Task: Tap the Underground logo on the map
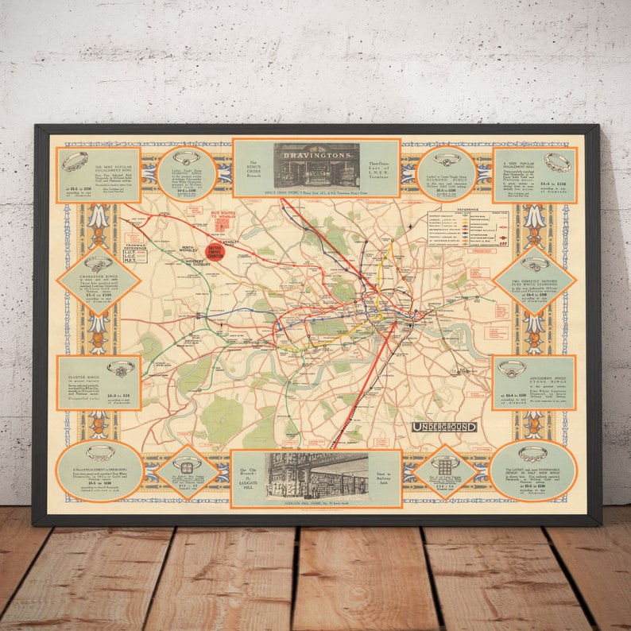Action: pyautogui.click(x=444, y=427)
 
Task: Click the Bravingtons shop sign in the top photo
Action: pyautogui.click(x=315, y=150)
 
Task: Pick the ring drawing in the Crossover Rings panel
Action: pyautogui.click(x=99, y=263)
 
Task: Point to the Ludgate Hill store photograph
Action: pyautogui.click(x=317, y=474)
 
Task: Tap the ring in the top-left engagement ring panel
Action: pyautogui.click(x=75, y=161)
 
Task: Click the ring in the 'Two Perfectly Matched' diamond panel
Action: pyautogui.click(x=535, y=263)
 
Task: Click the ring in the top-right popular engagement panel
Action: pyautogui.click(x=556, y=162)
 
